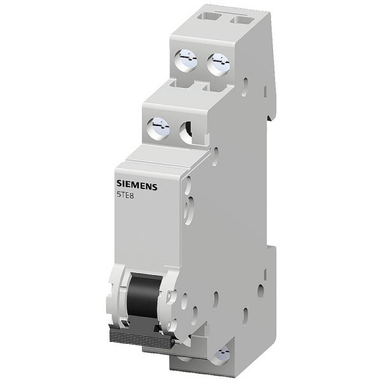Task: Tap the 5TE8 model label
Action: [x=126, y=195]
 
